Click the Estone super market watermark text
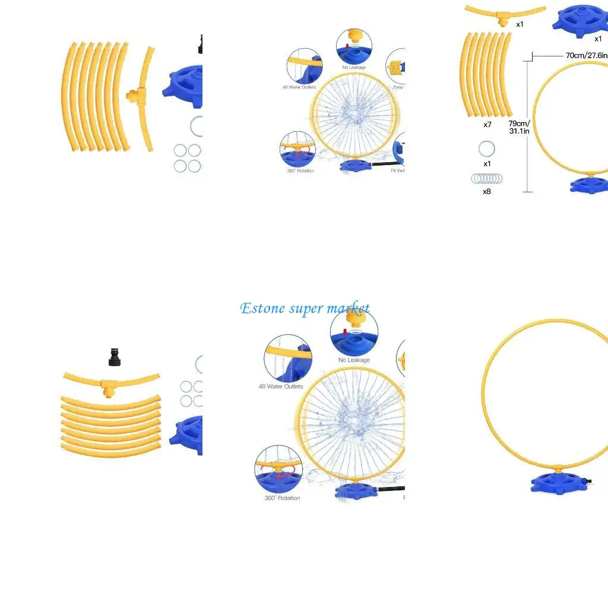305,308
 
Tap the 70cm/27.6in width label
586,55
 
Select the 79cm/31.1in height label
518,127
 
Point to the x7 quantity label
487,125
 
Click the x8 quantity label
487,191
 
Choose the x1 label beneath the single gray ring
487,164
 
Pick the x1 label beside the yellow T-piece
520,24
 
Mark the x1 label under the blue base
598,39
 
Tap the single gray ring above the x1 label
487,148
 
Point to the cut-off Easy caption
398,87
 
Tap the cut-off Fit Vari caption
398,171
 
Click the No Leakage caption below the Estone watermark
354,360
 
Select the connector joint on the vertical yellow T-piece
134,94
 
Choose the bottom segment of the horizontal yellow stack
111,451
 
